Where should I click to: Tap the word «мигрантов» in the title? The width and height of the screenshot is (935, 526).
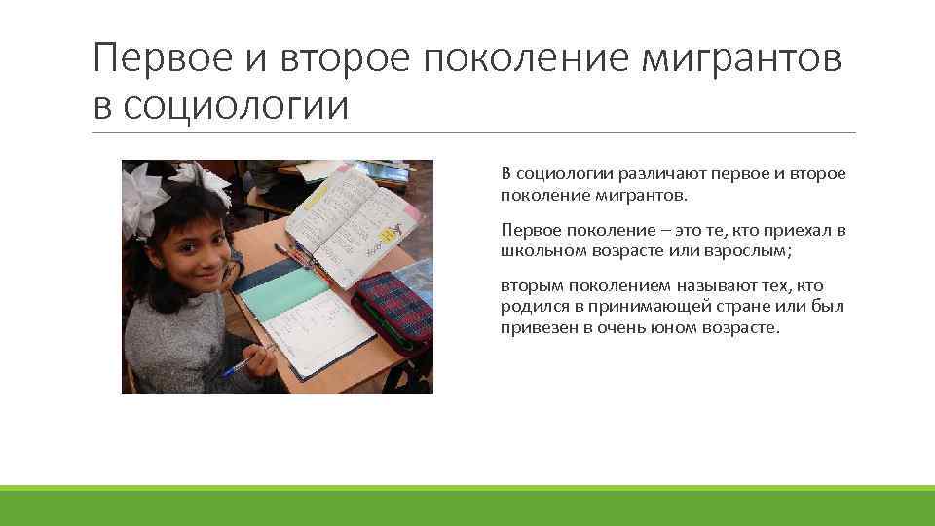(x=740, y=60)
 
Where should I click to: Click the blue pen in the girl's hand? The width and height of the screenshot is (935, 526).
(x=240, y=365)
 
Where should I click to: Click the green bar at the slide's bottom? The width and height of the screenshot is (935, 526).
(x=467, y=505)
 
